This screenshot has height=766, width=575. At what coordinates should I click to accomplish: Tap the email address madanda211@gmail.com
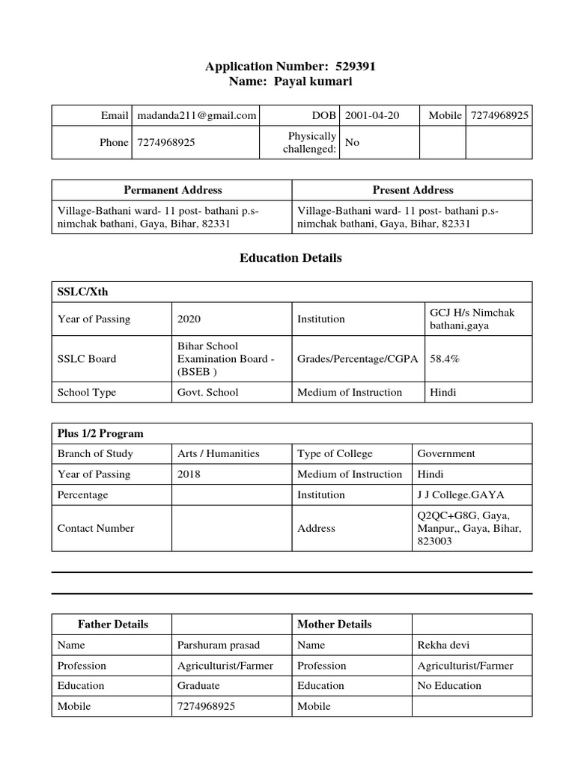[197, 115]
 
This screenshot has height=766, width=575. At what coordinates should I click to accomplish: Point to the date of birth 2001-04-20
[372, 115]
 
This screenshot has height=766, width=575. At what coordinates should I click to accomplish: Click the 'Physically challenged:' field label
[309, 142]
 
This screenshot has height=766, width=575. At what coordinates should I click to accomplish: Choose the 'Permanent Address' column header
[172, 190]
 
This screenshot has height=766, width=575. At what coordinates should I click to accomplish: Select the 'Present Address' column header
[413, 190]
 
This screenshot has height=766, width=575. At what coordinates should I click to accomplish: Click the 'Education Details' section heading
[290, 258]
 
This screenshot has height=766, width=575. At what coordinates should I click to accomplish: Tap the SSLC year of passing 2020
[189, 319]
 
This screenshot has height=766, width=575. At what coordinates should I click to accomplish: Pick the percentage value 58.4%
[445, 358]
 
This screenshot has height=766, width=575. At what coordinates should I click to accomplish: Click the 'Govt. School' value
[207, 392]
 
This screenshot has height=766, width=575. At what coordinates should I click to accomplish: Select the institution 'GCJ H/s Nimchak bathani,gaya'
[472, 319]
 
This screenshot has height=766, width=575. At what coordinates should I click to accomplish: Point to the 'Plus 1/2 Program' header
[100, 433]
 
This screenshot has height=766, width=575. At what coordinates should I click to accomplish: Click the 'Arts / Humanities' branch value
[218, 453]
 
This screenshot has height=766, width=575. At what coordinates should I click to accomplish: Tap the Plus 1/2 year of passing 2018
[189, 474]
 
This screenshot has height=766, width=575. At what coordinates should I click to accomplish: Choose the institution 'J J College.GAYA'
[460, 494]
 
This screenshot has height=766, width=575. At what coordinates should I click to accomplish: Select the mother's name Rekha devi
[443, 645]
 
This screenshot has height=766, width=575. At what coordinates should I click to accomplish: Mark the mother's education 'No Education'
[449, 685]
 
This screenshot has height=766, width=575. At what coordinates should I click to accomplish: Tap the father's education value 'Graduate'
[198, 685]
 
